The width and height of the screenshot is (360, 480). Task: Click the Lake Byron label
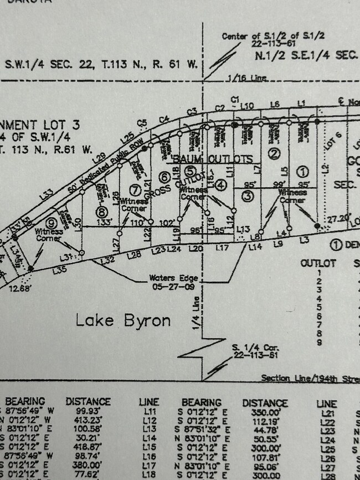click(123, 320)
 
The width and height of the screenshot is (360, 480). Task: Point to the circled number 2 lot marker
click(274, 154)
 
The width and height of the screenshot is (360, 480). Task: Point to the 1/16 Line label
click(247, 79)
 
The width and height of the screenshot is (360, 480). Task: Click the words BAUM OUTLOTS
click(210, 159)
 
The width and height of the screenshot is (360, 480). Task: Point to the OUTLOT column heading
click(318, 264)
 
